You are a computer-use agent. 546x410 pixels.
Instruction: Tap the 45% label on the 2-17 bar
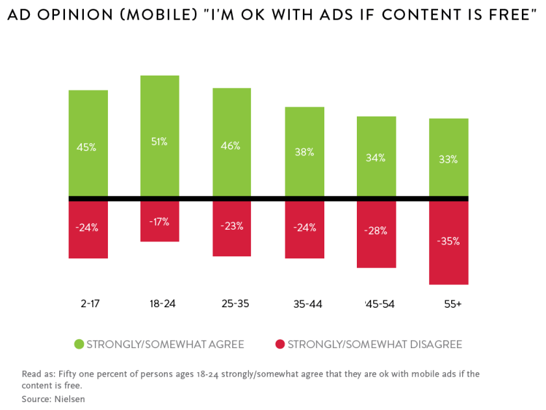(88, 147)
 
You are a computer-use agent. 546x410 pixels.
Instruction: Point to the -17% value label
(160, 221)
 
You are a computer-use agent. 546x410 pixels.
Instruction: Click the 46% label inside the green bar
(231, 146)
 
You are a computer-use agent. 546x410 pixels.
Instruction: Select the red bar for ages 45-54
(376, 251)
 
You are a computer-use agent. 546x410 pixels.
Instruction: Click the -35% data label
(448, 241)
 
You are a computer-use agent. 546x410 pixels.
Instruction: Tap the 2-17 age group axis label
(88, 304)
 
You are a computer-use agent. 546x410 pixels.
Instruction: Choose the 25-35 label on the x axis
(231, 304)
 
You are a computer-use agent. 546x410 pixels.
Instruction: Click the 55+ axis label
(448, 304)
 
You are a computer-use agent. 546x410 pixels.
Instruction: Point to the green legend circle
(79, 344)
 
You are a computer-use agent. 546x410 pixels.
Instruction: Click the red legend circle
(280, 344)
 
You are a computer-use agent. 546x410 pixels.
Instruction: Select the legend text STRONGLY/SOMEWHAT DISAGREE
(374, 344)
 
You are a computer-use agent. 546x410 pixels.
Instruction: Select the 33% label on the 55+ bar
(448, 159)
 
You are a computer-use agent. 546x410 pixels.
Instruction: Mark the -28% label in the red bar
(376, 230)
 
